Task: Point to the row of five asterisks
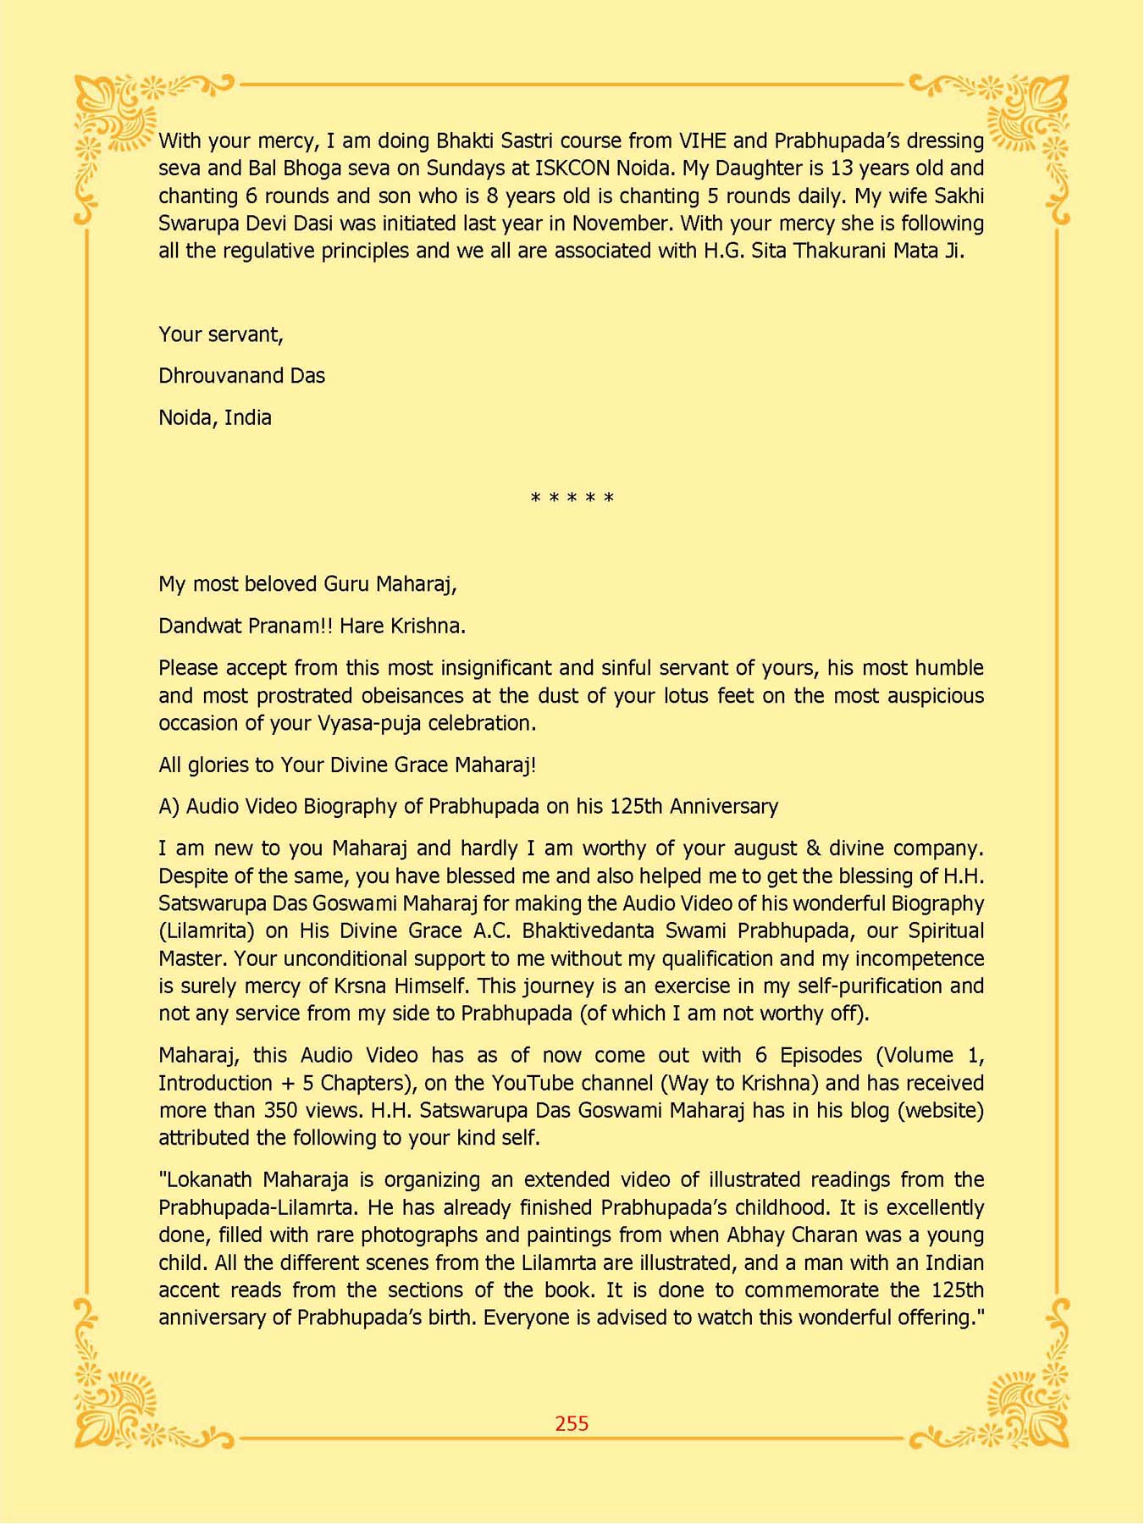pyautogui.click(x=572, y=499)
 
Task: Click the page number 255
pyautogui.click(x=572, y=1423)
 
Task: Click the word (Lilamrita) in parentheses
pyautogui.click(x=207, y=931)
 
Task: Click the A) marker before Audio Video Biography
pyautogui.click(x=169, y=806)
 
